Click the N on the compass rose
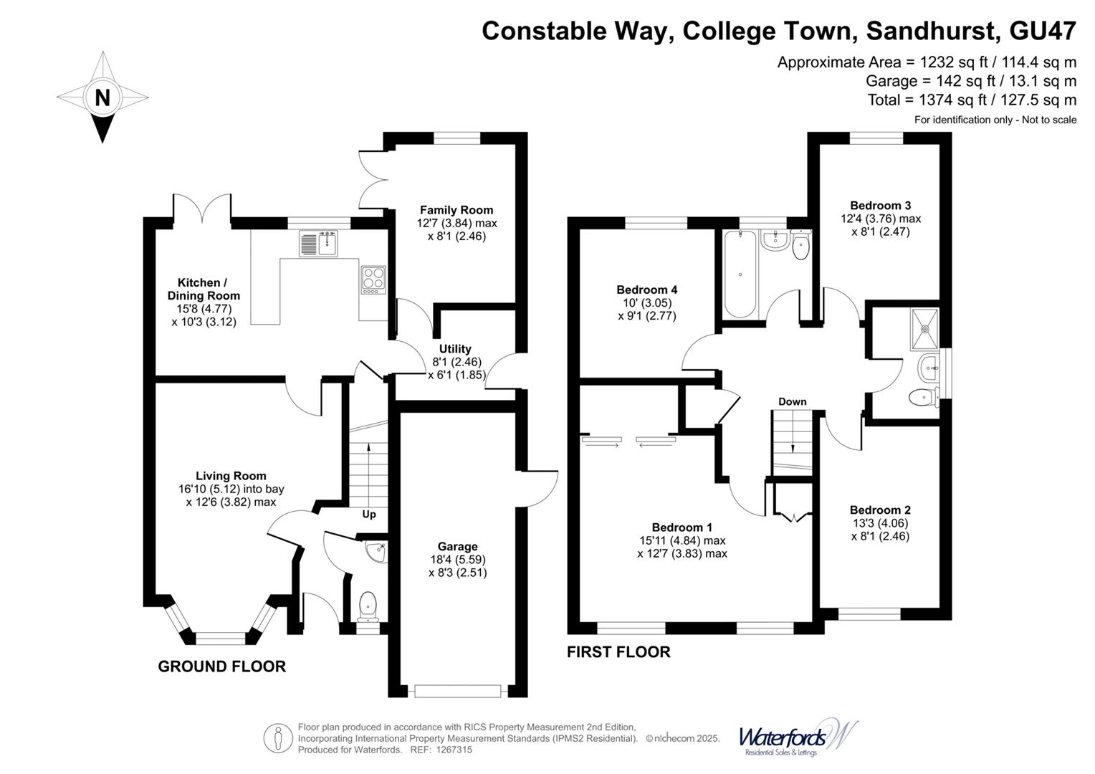(102, 97)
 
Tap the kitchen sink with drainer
(318, 244)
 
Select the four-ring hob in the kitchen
(373, 279)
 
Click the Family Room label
(456, 210)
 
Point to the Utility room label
(455, 349)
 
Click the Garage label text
(457, 547)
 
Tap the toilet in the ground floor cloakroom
(368, 606)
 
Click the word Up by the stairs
(369, 514)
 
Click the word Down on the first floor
(792, 401)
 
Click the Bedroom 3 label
(880, 205)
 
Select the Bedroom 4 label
(646, 290)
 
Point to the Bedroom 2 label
(880, 510)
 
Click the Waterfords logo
(797, 737)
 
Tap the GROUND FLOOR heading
(221, 666)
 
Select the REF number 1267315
(450, 750)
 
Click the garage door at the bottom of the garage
(457, 691)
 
